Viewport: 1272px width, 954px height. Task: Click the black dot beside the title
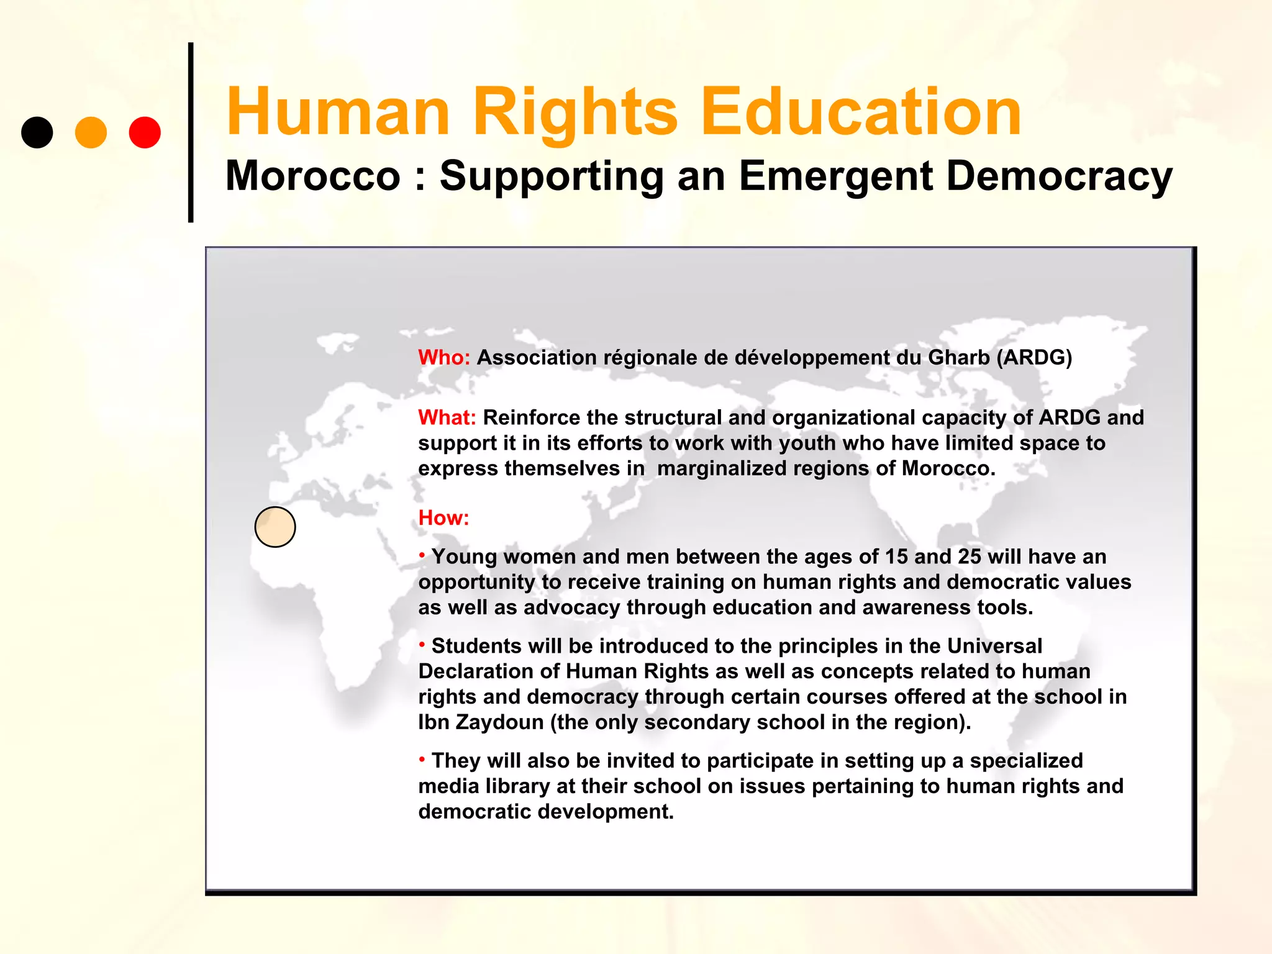point(37,132)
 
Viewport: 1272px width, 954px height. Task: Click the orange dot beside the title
point(91,132)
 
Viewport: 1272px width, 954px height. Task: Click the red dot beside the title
point(145,132)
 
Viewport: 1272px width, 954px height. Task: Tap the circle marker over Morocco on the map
point(275,527)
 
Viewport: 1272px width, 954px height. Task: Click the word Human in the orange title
point(338,112)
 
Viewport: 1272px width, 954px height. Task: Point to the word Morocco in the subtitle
point(313,176)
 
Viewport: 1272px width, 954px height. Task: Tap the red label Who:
point(444,358)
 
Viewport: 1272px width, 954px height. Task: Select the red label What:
point(447,417)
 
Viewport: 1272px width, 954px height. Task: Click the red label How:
point(443,517)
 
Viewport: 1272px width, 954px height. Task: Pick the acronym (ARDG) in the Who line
point(1034,358)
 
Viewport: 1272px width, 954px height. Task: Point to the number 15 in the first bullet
point(897,556)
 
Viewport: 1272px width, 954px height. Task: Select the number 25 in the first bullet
point(969,556)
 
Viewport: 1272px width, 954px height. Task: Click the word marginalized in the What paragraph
point(721,468)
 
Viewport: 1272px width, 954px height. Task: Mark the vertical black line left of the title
point(191,132)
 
